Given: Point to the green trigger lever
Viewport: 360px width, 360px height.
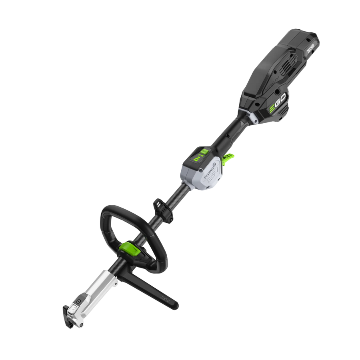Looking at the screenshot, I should pyautogui.click(x=228, y=159).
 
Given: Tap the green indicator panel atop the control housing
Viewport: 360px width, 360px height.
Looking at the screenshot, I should pyautogui.click(x=200, y=155).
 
